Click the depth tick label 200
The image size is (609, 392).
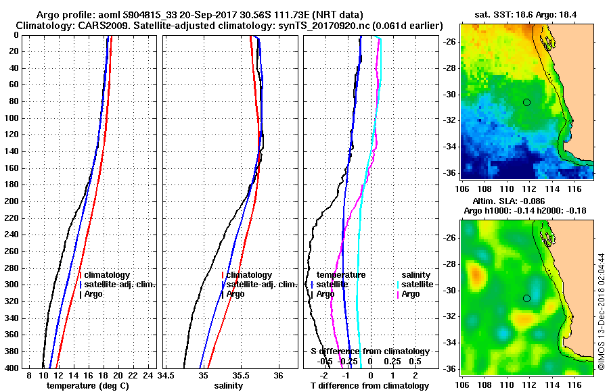[13, 201]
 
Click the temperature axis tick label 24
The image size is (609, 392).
[150, 375]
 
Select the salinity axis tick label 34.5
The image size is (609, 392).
[166, 375]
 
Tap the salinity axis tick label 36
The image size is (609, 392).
[278, 375]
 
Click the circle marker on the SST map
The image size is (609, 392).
[526, 102]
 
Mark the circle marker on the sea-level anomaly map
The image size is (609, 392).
[526, 298]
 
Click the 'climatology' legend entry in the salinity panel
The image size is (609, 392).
[249, 275]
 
